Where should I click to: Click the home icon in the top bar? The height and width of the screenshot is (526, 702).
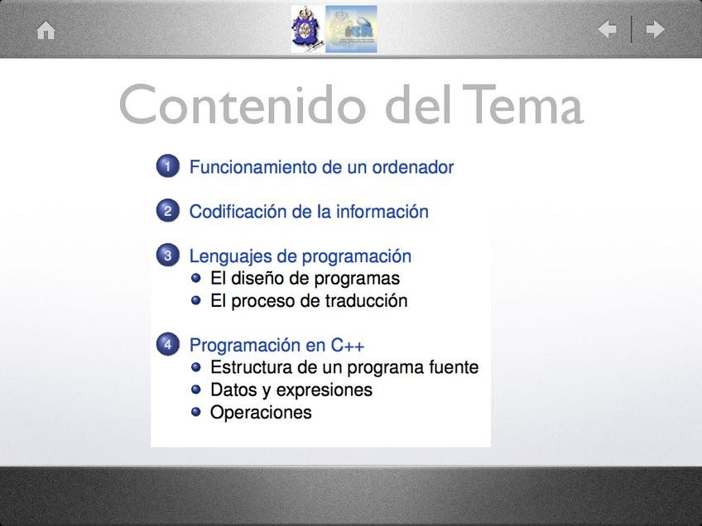pos(46,31)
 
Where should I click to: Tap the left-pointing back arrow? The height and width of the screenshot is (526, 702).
pos(608,30)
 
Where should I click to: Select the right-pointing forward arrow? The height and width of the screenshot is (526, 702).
pos(655,30)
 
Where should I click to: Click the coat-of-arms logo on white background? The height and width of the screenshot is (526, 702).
pos(308,30)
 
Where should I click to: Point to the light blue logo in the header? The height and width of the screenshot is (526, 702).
pos(351,30)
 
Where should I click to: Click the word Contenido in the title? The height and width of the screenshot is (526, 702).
pos(243,104)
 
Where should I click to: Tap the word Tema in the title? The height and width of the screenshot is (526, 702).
pos(523,104)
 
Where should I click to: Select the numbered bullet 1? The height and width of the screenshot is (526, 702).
pos(168,166)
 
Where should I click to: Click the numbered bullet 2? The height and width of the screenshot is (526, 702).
pos(168,210)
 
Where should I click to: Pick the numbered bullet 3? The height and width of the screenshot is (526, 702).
pos(168,255)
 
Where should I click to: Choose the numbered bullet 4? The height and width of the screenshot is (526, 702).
pos(168,344)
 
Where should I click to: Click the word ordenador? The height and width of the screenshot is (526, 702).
pos(413,167)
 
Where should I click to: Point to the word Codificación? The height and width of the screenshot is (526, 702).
pos(238,212)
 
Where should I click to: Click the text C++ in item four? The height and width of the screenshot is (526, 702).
pos(348,346)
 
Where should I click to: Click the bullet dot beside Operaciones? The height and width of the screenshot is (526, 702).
pos(195,411)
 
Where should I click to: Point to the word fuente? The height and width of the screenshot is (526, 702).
pos(454,367)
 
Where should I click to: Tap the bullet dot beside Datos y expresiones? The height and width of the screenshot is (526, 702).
pos(195,390)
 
